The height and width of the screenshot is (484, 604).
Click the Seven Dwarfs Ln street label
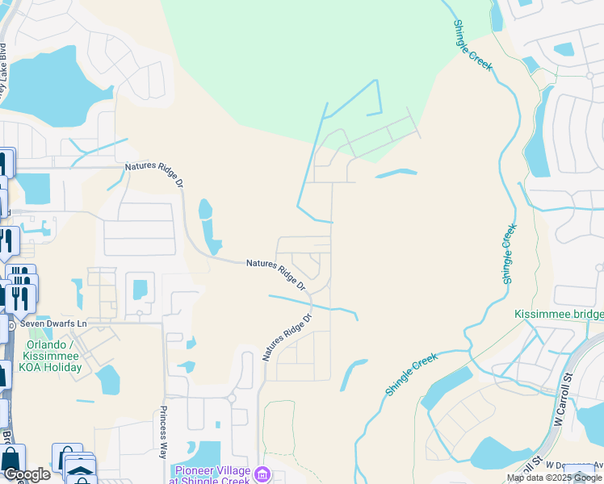pos(53,323)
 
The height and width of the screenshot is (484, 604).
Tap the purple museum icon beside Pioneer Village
pos(262,474)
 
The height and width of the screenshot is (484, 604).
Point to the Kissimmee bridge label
pos(558,313)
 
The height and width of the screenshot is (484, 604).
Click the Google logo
pos(27,474)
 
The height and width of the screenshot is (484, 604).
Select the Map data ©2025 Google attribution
pos(555,478)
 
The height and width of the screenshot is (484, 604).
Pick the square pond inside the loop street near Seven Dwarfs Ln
pos(141,288)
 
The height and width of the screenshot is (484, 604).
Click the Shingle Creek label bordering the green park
pos(472,45)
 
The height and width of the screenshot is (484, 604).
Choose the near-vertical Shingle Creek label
pos(508,253)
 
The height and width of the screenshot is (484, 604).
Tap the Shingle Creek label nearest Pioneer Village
pos(411,373)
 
